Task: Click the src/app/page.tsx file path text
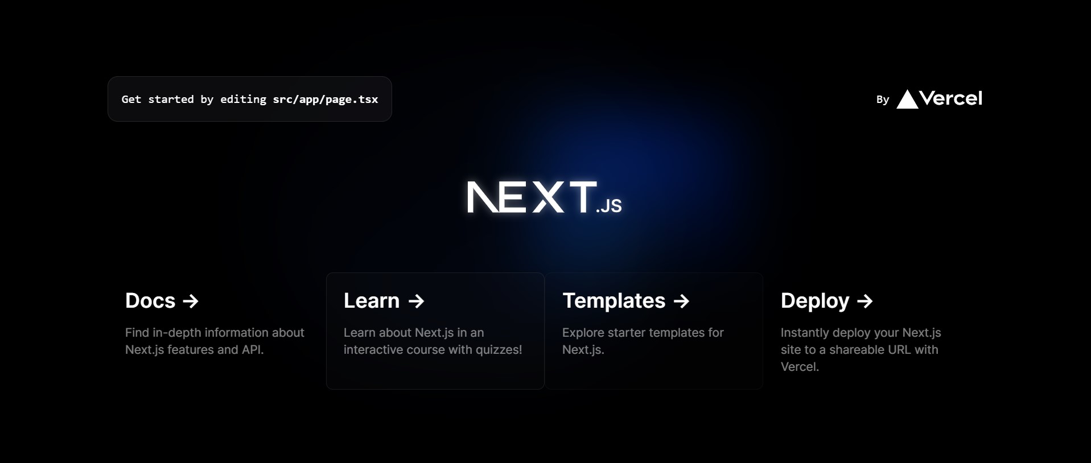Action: pos(326,100)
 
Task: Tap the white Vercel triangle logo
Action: pos(907,99)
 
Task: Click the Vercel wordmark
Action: pos(951,98)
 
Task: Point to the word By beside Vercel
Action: pos(883,100)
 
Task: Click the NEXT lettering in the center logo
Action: pos(532,197)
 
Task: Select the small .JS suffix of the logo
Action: pos(609,205)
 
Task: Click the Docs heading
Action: pos(150,300)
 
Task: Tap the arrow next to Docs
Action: pos(191,301)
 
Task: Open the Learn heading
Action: pos(372,300)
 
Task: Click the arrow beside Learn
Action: pos(417,301)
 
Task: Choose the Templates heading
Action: pos(614,300)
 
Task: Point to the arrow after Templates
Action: pos(682,301)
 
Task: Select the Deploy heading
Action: pos(815,300)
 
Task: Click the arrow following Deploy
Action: pos(865,301)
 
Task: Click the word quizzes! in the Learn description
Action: pos(499,350)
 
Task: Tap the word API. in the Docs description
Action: pos(253,350)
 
